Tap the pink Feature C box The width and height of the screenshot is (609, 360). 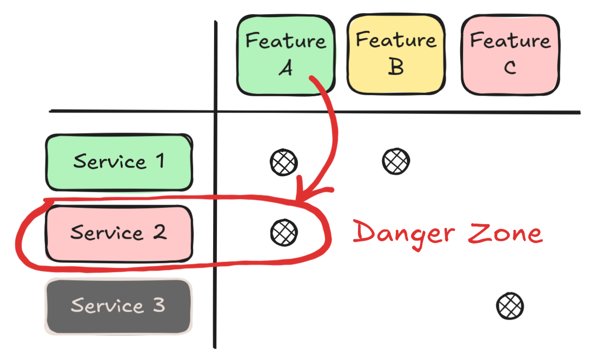point(510,54)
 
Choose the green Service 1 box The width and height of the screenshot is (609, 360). point(118,162)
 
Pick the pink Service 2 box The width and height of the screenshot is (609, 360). point(118,233)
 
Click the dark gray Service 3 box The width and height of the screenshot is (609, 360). point(118,306)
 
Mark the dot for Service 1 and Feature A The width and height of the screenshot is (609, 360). point(284,162)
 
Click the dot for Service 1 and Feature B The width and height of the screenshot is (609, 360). point(396,161)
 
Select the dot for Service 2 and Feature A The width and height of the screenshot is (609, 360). point(284,233)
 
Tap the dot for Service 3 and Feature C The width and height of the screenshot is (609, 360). point(510,306)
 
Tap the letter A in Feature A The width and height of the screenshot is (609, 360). point(285,69)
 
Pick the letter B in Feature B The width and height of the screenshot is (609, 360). point(396,67)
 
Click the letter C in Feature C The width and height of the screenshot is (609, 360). point(510,68)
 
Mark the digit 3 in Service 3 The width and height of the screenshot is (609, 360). point(159,305)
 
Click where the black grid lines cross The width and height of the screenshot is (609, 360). point(215,112)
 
